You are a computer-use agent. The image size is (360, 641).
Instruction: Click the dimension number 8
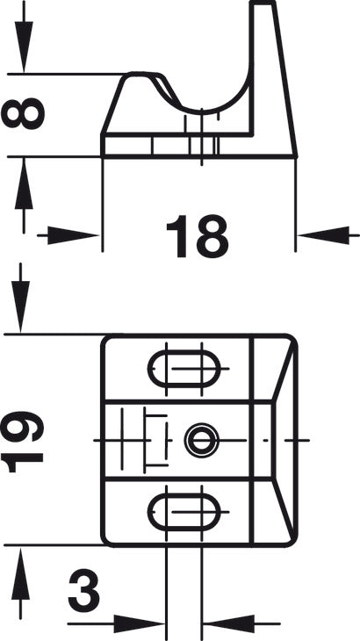[x=23, y=113]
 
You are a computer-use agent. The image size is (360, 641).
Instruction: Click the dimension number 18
[x=197, y=236]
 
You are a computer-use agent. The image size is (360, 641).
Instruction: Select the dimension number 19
[x=23, y=442]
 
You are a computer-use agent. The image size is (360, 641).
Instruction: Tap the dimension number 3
[x=83, y=592]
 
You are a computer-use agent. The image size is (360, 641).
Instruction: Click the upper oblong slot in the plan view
[x=184, y=369]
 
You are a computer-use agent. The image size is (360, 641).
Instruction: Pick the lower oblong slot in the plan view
[x=184, y=512]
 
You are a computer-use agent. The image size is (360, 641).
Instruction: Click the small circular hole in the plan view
[x=201, y=440]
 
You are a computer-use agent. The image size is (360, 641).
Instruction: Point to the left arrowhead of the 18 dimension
[x=74, y=236]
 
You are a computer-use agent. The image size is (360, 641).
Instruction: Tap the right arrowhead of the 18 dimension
[x=323, y=235]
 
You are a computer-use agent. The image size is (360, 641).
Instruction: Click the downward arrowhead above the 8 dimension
[x=24, y=47]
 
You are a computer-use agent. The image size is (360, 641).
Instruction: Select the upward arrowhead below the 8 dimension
[x=24, y=184]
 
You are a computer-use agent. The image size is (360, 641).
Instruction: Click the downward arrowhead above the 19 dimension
[x=20, y=306]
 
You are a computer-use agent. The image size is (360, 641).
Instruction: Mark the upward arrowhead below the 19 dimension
[x=20, y=573]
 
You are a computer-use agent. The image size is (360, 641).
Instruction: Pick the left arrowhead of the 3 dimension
[x=139, y=623]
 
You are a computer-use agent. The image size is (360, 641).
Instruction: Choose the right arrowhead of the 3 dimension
[x=229, y=623]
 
